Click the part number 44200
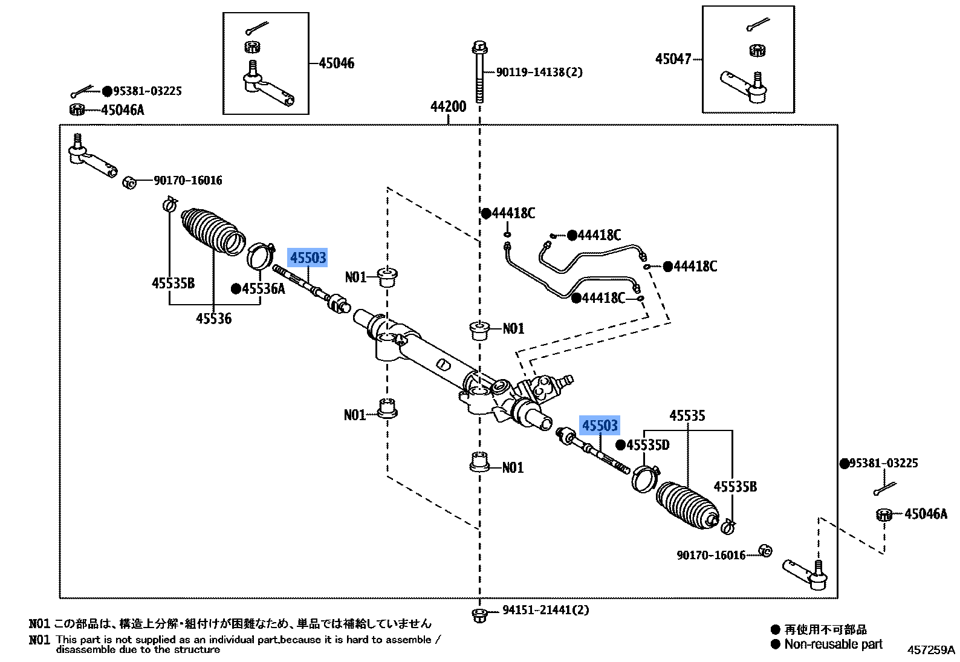pyautogui.click(x=448, y=107)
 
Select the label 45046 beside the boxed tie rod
pyautogui.click(x=337, y=63)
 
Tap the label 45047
pyautogui.click(x=673, y=59)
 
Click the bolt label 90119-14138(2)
pyautogui.click(x=539, y=73)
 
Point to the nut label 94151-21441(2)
pyautogui.click(x=545, y=611)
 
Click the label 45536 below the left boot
pyautogui.click(x=213, y=318)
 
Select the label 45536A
pyautogui.click(x=263, y=289)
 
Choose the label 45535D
pyautogui.click(x=647, y=446)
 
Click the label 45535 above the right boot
pyautogui.click(x=687, y=416)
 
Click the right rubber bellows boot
pyautogui.click(x=687, y=504)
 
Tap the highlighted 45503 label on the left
pyautogui.click(x=308, y=258)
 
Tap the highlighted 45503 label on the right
pyautogui.click(x=600, y=426)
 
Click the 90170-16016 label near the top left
pyautogui.click(x=187, y=180)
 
